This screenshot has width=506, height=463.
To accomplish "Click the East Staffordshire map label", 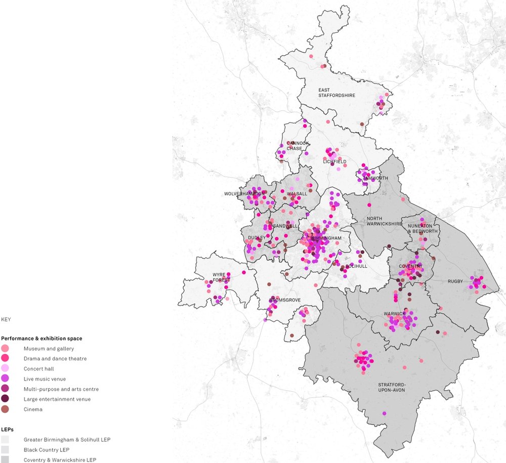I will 336,93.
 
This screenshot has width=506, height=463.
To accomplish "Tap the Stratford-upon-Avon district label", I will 392,387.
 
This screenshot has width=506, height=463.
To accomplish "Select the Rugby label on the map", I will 455,281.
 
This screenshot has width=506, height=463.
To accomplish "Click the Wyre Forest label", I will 221,278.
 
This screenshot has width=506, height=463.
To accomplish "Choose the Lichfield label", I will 334,161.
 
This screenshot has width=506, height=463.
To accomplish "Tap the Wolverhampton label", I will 244,194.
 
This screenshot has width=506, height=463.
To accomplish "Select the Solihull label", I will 357,266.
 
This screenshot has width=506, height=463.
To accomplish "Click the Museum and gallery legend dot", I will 5,349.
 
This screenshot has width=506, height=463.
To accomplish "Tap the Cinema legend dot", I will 5,409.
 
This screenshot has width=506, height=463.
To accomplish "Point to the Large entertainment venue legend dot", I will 5,399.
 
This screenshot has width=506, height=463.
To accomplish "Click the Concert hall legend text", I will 38,369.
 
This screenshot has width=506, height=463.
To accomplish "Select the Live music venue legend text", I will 45,379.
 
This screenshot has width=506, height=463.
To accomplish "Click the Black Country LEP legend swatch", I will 5,449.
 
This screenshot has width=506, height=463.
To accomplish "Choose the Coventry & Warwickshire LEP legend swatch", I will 5,459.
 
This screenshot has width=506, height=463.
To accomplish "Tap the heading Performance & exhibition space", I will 41,338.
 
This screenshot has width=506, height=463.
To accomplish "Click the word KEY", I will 6,320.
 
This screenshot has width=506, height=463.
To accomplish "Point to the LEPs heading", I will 7,429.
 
